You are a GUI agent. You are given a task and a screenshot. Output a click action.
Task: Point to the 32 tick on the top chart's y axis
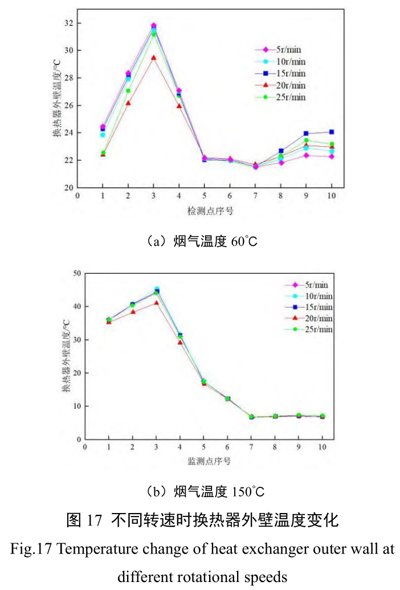click(x=68, y=23)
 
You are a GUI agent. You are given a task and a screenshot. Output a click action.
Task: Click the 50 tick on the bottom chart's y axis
click(x=76, y=273)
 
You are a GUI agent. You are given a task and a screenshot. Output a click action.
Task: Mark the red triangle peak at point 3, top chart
click(x=153, y=58)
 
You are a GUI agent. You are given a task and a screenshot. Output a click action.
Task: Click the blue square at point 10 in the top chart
click(x=331, y=132)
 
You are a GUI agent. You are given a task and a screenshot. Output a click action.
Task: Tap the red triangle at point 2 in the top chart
click(x=128, y=103)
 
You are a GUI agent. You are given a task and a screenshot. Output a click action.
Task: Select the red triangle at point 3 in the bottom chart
click(x=157, y=303)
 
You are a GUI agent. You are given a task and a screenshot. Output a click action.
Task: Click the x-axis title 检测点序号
click(x=210, y=211)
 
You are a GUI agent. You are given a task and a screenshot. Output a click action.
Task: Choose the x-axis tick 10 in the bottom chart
click(x=322, y=446)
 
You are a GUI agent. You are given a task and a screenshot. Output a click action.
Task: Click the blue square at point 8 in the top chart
click(x=281, y=151)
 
